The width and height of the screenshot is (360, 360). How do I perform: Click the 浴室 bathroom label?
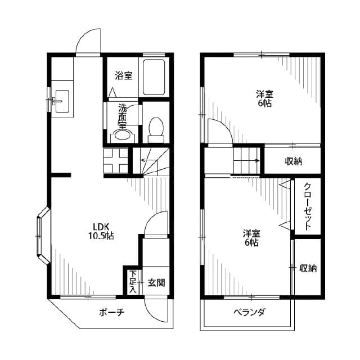pyautogui.click(x=124, y=75)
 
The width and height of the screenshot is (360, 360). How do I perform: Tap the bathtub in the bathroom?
pyautogui.click(x=154, y=78)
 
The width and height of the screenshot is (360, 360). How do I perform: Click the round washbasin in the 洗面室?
pyautogui.click(x=122, y=134)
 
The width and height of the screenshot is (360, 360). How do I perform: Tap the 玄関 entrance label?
pyautogui.click(x=156, y=282)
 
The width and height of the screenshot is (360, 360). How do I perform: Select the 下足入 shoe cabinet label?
pyautogui.click(x=133, y=281)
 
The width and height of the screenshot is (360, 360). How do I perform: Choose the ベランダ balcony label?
pyautogui.click(x=249, y=312)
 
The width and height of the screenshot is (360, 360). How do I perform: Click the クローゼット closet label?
pyautogui.click(x=308, y=206)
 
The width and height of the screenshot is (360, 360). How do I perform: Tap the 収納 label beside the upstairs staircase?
pyautogui.click(x=293, y=161)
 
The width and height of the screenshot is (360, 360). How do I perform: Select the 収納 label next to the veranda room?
pyautogui.click(x=308, y=268)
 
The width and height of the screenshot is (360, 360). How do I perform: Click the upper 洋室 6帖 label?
pyautogui.click(x=263, y=98)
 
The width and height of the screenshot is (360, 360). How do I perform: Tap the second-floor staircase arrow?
pyautogui.click(x=247, y=161)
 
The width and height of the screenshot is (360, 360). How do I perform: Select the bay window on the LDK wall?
pyautogui.click(x=42, y=236)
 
